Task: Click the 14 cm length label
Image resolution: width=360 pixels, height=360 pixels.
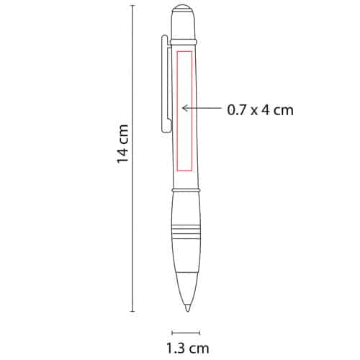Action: (123, 144)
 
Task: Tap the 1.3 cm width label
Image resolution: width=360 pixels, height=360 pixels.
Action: (188, 348)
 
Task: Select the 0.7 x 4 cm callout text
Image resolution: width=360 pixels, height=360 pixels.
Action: (260, 110)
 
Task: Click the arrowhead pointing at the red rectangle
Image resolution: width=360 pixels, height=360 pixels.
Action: (184, 108)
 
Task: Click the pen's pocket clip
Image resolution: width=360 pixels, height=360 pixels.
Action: (165, 84)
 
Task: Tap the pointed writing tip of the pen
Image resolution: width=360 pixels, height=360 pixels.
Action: (187, 308)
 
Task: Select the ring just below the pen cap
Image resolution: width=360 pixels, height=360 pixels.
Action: (184, 42)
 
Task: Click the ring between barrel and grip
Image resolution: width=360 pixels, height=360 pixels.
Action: (186, 191)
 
